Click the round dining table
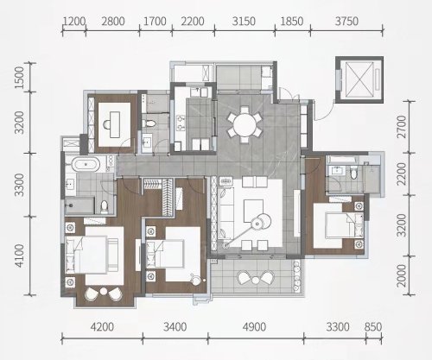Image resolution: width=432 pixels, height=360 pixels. coord(245,125)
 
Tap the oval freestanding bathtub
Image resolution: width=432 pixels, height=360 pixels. coord(86,165)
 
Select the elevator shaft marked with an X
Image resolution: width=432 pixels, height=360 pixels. coord(359,79)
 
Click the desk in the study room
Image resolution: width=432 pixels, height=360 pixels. coord(115,124)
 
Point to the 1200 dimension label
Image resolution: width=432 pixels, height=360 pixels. coord(74,22)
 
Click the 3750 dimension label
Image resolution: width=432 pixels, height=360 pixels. coord(346,22)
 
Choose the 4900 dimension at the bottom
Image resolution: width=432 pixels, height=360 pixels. coord(254,327)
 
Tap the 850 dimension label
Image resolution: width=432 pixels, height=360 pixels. coord(373,327)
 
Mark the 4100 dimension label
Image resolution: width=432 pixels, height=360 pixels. coord(19,256)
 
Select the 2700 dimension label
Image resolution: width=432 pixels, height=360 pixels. coord(401,127)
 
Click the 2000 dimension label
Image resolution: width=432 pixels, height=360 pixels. coord(401,275)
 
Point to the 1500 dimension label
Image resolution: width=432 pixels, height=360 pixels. coord(19,78)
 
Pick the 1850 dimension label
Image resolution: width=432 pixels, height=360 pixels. coord(292,22)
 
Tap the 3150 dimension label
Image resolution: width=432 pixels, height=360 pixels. coord(244,22)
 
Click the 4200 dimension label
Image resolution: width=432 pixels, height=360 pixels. coord(102,327)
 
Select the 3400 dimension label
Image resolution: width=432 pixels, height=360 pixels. coord(175,327)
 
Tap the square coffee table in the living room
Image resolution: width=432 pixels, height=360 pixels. coord(253,211)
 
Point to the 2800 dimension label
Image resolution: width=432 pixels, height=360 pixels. coord(113,22)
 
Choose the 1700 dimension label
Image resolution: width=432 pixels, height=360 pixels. coord(155,22)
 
